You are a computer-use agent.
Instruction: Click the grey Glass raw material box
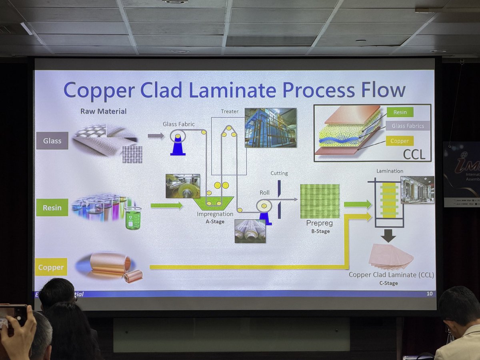[52, 141]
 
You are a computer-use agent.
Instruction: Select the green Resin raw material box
[52, 208]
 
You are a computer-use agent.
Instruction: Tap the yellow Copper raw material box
[51, 267]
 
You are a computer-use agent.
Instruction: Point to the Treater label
[230, 111]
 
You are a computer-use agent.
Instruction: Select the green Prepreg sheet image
[320, 201]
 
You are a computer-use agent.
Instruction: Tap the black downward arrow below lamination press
[388, 236]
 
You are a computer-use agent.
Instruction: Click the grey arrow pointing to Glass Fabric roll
[156, 136]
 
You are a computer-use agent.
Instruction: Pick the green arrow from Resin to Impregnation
[166, 206]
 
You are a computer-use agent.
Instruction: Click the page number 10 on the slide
[429, 294]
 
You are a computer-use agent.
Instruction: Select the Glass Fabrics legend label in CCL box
[408, 126]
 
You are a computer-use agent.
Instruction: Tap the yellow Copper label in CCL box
[400, 141]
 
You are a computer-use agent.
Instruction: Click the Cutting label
[279, 173]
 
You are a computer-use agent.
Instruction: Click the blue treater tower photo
[270, 128]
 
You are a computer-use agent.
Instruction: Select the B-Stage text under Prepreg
[320, 231]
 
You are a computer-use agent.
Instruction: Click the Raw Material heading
[103, 111]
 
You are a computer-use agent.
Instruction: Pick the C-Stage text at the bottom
[389, 283]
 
